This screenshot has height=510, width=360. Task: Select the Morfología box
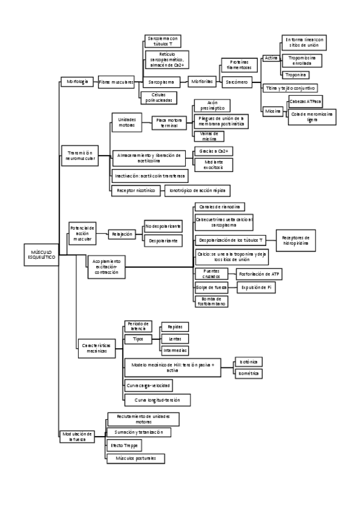coord(77,81)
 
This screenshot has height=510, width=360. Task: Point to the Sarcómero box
coord(236,81)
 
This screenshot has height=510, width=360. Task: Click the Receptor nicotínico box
coord(133,190)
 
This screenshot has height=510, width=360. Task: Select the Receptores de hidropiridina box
coord(295,240)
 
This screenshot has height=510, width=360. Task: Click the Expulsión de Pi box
coord(257,288)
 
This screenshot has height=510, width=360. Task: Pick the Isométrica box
coord(248,373)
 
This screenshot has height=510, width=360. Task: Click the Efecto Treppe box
coord(124,446)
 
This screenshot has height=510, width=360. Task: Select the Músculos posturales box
coord(135,458)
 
